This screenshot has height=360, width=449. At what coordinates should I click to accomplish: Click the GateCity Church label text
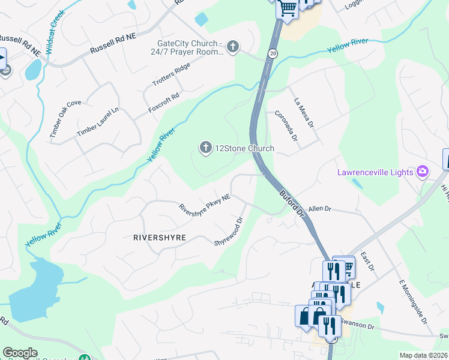[x=190, y=47]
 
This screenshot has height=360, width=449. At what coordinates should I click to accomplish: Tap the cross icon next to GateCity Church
[x=232, y=46]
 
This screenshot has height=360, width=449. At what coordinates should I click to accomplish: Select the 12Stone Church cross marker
[x=206, y=148]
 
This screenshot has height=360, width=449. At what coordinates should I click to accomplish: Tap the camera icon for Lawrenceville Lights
[x=423, y=172]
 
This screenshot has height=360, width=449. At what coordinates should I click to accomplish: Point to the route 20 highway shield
[x=273, y=54]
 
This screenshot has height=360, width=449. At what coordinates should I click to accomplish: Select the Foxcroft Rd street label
[x=164, y=103]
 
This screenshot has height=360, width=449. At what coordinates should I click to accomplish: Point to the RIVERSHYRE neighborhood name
[x=159, y=238]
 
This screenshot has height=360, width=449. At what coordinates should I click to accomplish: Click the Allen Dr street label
[x=320, y=209]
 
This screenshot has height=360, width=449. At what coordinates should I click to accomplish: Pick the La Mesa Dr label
[x=304, y=113]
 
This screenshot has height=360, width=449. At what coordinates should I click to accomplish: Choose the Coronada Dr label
[x=286, y=125]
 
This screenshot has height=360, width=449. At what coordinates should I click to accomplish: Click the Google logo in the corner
[x=20, y=353]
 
